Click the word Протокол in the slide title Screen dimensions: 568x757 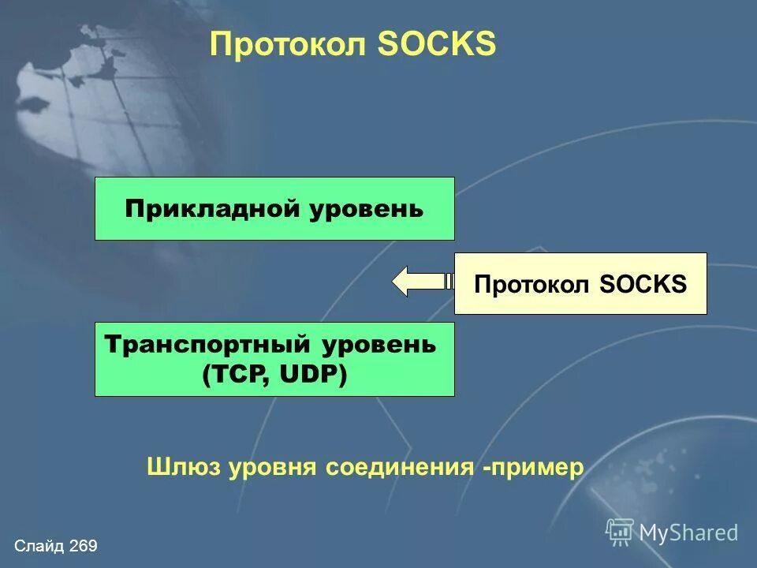tap(289, 45)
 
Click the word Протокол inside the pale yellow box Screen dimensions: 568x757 tap(532, 284)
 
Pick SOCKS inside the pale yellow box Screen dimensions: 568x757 tap(643, 284)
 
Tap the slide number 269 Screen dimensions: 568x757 tap(83, 546)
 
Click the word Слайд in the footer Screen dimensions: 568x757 tap(39, 546)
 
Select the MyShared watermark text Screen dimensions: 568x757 tap(688, 532)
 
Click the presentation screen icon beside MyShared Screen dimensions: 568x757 tap(620, 532)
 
